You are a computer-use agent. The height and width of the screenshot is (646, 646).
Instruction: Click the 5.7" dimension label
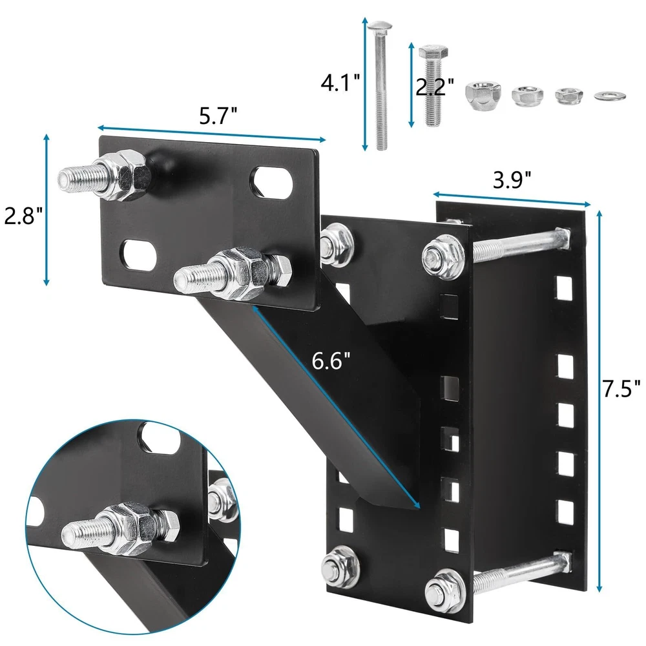coord(218,116)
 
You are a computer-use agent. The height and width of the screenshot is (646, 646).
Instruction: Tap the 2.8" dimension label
coord(23,216)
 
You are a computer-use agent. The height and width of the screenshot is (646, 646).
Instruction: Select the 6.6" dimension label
coord(331,361)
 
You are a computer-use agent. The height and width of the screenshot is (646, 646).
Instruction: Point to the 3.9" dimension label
coord(512,180)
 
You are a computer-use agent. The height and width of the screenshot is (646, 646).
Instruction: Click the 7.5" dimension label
coord(621,388)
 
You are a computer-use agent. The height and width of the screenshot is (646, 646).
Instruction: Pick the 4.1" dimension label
coord(340,83)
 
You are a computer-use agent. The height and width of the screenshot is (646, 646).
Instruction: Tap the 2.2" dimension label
coord(435,87)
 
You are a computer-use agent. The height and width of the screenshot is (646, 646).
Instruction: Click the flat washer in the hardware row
coord(610,96)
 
